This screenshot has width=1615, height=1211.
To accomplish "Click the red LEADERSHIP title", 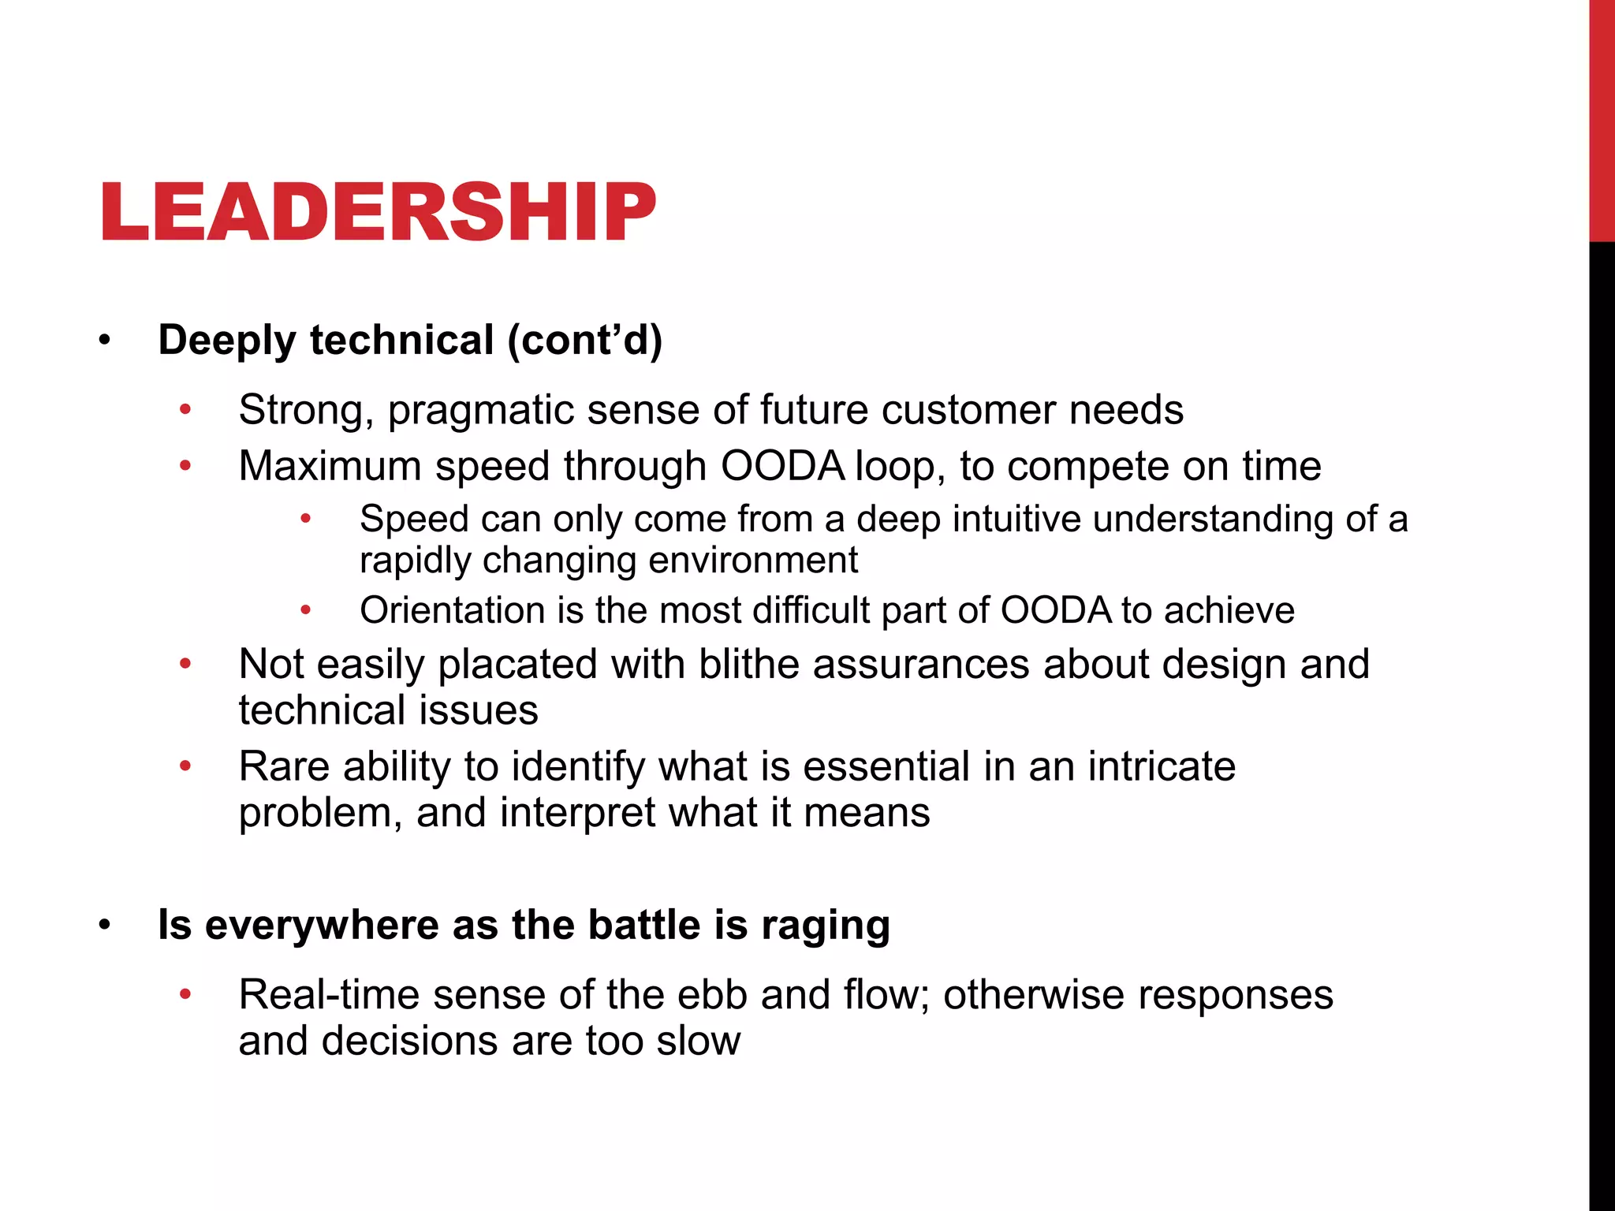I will [378, 211].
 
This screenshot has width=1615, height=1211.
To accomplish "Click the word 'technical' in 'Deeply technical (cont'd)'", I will [402, 341].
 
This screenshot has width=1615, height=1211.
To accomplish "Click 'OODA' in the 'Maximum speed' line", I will [782, 467].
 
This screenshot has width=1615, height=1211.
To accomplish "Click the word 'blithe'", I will [749, 664].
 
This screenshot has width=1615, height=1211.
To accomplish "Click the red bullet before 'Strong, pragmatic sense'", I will [185, 410].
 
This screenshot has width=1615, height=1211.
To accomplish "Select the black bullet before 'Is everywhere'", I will [105, 926].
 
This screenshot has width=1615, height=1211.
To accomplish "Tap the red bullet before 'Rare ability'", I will [185, 766].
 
